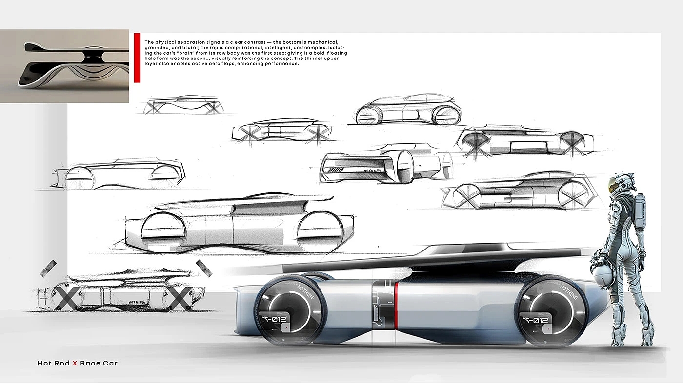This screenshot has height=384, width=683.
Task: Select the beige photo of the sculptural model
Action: click(x=64, y=66)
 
